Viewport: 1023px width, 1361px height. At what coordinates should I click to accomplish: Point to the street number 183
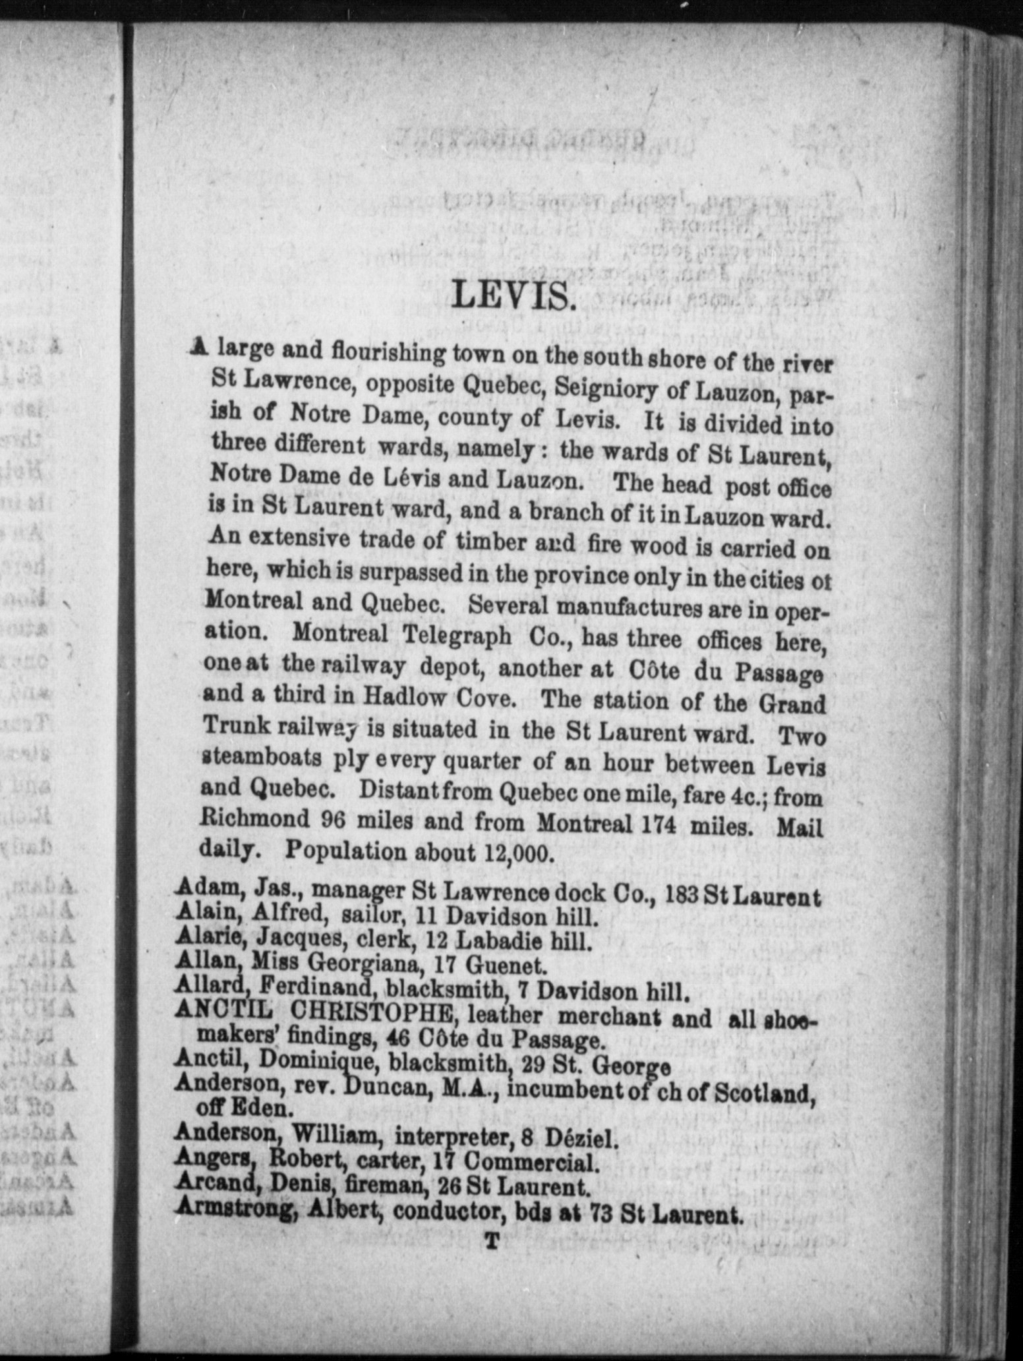tap(682, 895)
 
